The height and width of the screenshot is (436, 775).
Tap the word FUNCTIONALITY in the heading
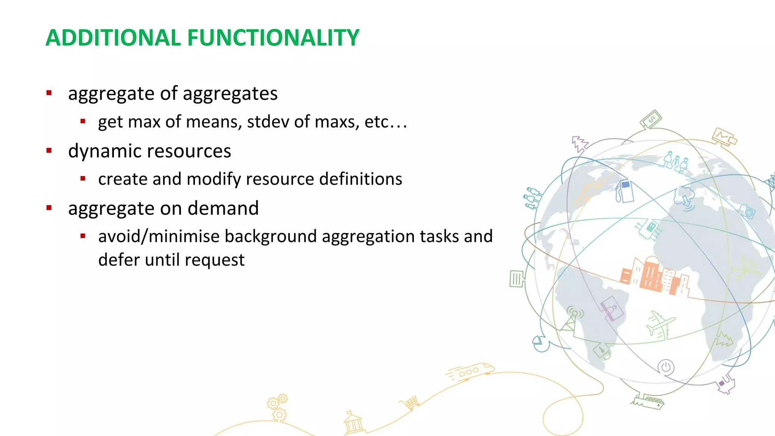[273, 38]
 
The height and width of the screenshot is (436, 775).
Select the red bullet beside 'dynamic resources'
[49, 151]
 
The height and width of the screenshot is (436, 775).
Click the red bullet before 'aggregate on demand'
[49, 208]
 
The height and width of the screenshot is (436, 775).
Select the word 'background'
[271, 236]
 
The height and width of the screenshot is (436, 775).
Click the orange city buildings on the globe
[654, 276]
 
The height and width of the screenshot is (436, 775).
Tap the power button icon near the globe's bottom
[666, 367]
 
